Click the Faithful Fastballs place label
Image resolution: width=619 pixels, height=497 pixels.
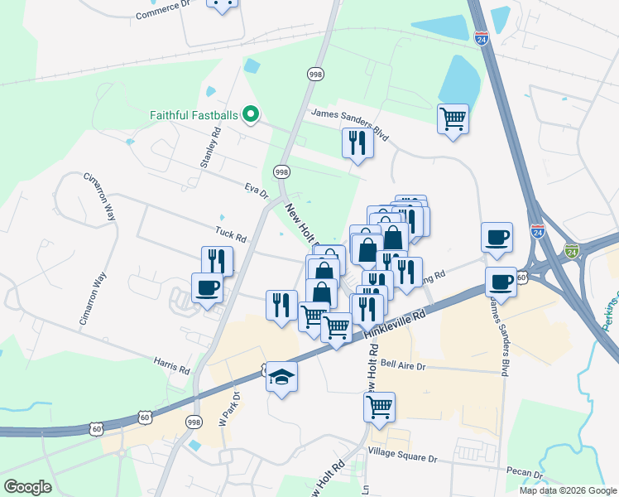[x=195, y=115]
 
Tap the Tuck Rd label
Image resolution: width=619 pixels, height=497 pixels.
[x=231, y=235]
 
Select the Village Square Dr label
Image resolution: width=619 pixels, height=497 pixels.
[x=403, y=458]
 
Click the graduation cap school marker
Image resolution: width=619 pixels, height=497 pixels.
[x=281, y=378]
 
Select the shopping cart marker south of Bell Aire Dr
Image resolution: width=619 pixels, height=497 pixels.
[x=379, y=407]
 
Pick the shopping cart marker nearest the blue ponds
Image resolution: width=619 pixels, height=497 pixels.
[x=453, y=119]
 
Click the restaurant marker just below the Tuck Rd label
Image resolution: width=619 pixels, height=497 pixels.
[x=217, y=261]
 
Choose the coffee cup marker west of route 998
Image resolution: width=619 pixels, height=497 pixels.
[x=207, y=287]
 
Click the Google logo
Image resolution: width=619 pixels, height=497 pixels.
[x=27, y=487]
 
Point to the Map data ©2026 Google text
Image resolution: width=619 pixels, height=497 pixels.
[x=567, y=490]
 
